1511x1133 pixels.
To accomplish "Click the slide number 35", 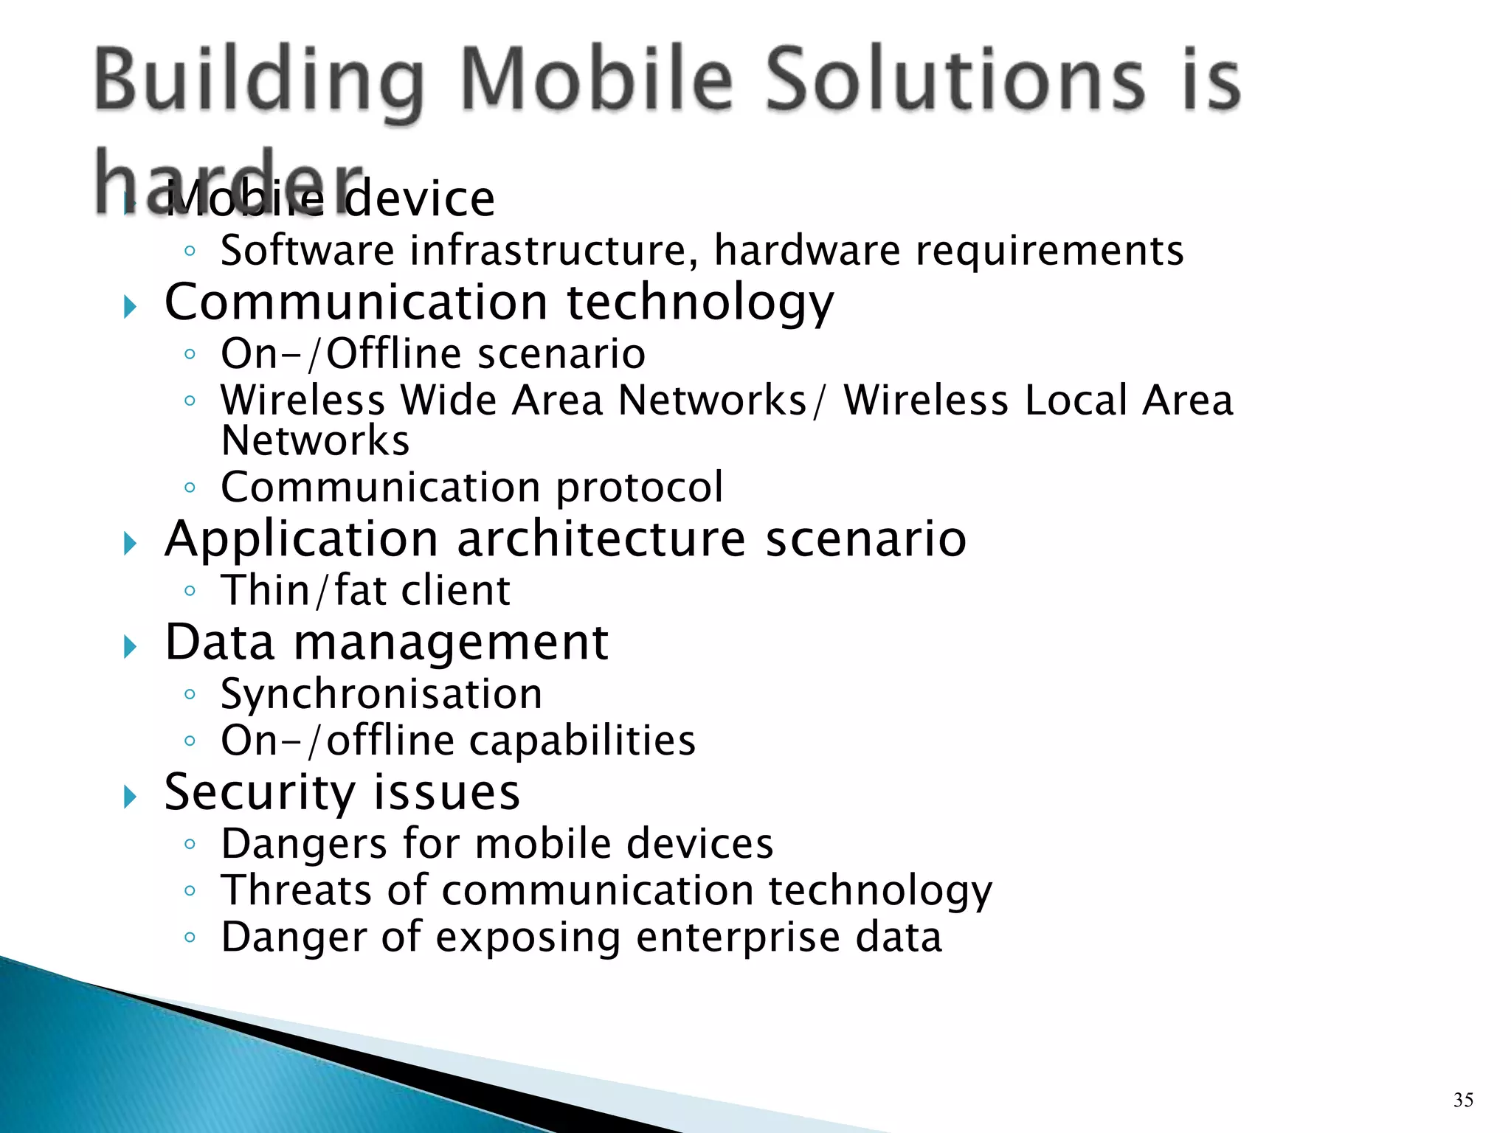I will coord(1463,1100).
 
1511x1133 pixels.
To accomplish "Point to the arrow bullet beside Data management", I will coord(131,647).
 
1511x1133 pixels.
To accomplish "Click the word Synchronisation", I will coord(381,695).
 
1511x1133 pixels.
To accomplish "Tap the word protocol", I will coord(639,488).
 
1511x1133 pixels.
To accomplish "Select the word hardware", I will coord(807,251).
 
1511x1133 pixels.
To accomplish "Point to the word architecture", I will coord(601,539).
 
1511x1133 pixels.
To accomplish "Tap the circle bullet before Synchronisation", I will coord(190,694).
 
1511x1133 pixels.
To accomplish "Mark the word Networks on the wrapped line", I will coord(315,441).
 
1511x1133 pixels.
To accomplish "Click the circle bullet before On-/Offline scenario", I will coord(190,354).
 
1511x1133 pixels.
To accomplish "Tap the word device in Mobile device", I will coord(421,199).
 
